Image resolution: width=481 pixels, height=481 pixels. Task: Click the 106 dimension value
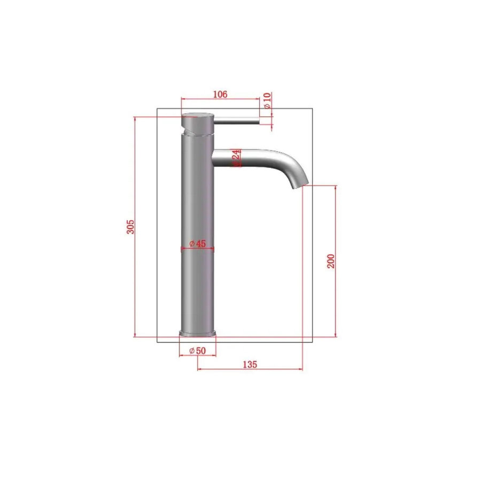pos(220,95)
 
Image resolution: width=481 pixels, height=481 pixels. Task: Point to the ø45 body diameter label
pos(197,244)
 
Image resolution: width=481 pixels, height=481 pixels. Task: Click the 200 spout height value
pos(331,261)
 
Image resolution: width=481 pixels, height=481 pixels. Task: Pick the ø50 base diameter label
pos(197,351)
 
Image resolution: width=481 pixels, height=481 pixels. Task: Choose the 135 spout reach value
pos(250,364)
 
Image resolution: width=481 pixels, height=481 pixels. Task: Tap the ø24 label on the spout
pos(236,158)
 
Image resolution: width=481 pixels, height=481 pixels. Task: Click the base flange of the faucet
pos(198,334)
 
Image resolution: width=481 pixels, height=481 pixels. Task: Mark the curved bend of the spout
pos(294,163)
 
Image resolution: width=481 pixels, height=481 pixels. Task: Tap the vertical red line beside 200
pos(336,261)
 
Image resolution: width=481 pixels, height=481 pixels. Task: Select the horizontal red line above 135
pos(250,369)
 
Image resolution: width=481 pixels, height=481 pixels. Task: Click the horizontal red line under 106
pos(220,99)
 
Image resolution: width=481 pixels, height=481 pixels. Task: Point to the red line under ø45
pos(198,249)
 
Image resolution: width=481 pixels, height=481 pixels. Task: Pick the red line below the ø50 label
pos(197,355)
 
